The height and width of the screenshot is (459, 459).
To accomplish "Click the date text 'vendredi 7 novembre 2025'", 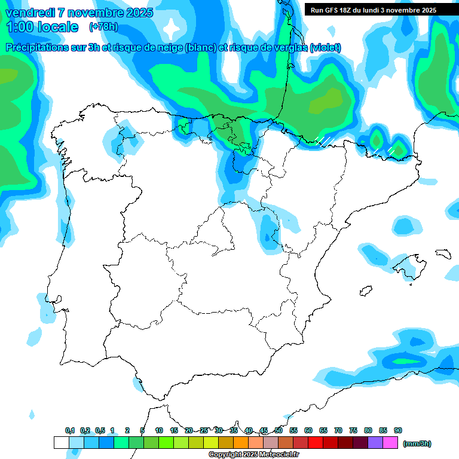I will pos(79,13).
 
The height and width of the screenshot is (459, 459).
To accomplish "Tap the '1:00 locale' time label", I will pos(42,27).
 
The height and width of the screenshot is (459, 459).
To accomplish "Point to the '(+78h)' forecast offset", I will pos(103,26).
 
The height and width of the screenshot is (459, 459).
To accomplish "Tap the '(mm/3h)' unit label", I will pos(417,443).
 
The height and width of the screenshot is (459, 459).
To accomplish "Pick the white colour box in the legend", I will pos(62,443).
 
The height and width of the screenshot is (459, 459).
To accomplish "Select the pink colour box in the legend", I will pos(390,443).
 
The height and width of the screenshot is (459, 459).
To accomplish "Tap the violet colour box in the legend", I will pos(375,443).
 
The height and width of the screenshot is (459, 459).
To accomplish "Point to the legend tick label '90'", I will pos(398,430).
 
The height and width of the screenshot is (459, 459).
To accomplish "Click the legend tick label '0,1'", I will pos(70,430).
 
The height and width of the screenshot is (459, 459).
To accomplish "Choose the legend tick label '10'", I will pos(159,430).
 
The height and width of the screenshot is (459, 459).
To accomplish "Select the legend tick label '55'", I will pos(293,430).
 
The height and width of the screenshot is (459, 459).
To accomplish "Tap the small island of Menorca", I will pos(442,253).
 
